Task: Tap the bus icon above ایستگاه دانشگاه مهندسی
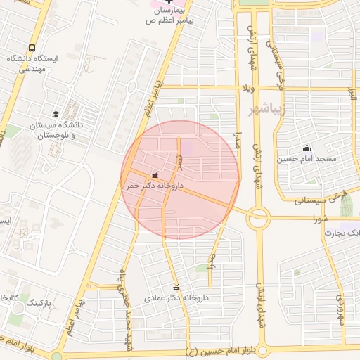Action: (x=32, y=48)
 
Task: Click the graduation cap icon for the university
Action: (x=56, y=114)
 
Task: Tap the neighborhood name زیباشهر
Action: (x=266, y=110)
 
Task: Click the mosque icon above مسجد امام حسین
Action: (x=307, y=148)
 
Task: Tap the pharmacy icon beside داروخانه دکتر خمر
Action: (x=155, y=175)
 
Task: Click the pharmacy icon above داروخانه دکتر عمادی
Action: (x=176, y=288)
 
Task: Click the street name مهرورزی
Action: (x=340, y=307)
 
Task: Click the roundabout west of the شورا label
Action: (x=258, y=217)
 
